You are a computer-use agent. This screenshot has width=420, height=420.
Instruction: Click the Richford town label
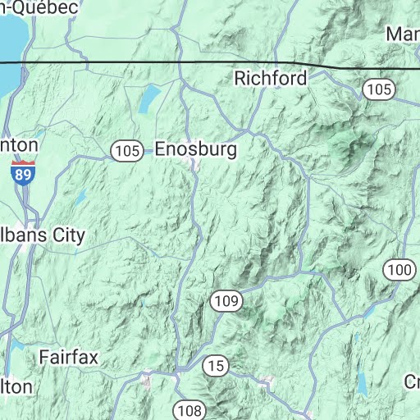270,79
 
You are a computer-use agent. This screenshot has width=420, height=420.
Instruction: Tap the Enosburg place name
195,150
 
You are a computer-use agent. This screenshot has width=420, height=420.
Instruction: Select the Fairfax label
68,358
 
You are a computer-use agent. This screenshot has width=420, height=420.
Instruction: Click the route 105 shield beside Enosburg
126,151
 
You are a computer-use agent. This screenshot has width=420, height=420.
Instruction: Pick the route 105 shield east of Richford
378,89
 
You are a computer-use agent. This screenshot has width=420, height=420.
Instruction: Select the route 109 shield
226,301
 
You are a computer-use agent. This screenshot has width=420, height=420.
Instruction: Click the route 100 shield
399,269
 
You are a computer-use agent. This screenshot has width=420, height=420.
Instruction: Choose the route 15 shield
216,365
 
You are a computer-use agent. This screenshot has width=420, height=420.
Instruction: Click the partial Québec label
39,7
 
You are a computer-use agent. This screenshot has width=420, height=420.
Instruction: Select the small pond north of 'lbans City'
80,197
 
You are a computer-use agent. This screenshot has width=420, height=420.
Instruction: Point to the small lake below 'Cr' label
362,383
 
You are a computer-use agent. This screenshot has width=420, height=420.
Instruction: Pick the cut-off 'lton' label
16,386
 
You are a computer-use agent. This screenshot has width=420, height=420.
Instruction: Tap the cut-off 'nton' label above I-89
19,144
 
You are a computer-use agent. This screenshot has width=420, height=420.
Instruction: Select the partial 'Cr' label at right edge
411,381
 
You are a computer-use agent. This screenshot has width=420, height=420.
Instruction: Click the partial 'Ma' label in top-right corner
403,34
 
